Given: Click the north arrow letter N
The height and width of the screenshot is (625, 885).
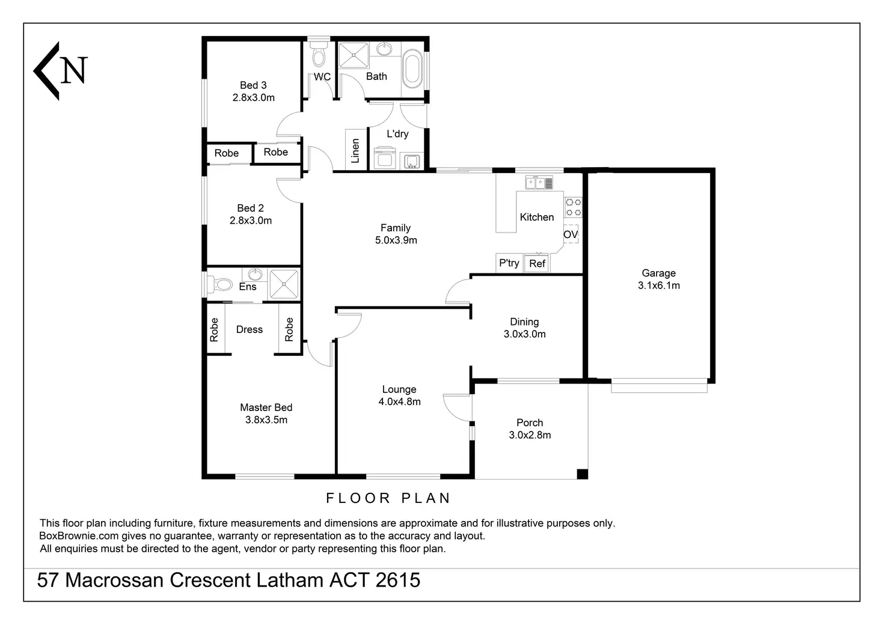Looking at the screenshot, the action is pos(75,70).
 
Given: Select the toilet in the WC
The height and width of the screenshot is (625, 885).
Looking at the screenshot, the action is pos(319,54).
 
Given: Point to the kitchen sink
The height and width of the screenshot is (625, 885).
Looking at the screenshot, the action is pos(539,183).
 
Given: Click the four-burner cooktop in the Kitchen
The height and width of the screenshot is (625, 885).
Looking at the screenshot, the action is pos(574,207).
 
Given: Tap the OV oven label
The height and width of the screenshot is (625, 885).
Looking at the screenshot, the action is pos(571,234).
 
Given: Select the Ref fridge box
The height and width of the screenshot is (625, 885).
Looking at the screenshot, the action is pos(536,263).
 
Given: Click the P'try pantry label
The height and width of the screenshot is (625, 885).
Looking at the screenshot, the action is pos(509,263).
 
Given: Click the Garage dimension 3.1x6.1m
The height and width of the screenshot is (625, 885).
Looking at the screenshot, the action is pos(658,285).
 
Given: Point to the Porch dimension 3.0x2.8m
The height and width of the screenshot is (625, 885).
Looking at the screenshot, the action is pos(530,435).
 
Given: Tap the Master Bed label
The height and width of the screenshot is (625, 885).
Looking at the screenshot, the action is pos(266,407).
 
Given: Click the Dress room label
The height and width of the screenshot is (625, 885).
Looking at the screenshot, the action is pos(250,329).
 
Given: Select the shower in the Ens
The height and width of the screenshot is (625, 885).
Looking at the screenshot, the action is pos(284,284).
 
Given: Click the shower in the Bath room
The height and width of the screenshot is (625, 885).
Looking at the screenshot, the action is pos(353,55).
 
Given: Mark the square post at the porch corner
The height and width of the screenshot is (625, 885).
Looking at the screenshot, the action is pos(583,474).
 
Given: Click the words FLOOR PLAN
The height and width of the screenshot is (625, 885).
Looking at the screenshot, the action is pos(388,498).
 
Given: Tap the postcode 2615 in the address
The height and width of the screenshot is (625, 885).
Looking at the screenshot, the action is pos(398,580).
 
